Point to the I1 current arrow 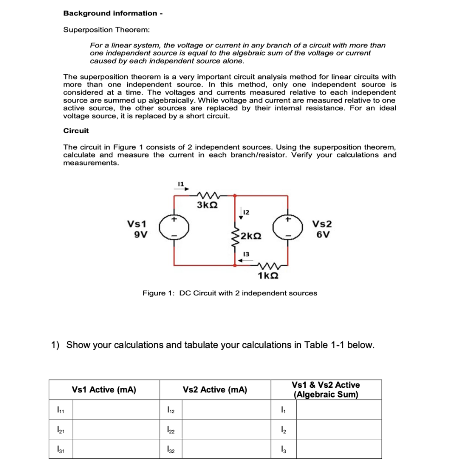point(181,189)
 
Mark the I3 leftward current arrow point(243,261)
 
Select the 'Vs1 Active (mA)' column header point(104,390)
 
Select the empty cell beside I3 point(339,449)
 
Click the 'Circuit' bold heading point(76,131)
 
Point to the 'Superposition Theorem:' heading point(107,30)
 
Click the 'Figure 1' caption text point(230,293)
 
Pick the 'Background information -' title point(112,13)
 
